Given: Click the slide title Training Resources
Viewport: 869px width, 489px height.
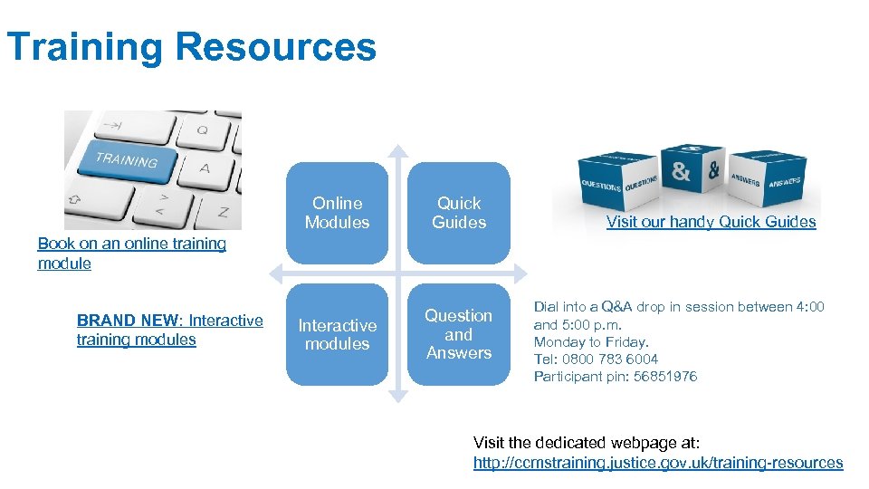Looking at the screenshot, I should [x=190, y=47].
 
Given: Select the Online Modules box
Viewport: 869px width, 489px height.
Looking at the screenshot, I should [x=337, y=213].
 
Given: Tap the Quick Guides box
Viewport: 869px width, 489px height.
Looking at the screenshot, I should [x=459, y=213].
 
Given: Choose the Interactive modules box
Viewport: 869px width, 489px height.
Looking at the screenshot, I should [x=337, y=334].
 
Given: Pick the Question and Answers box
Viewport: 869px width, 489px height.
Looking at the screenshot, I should [x=459, y=334].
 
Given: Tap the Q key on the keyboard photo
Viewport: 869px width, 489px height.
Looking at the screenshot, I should [x=201, y=129].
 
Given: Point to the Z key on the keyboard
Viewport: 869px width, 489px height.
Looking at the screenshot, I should [x=222, y=211].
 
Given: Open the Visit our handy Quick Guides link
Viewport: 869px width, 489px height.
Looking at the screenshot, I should [x=711, y=222].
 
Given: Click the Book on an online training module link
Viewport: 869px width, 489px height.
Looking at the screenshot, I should [x=131, y=253].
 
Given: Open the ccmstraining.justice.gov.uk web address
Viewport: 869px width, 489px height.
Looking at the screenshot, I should [x=658, y=463].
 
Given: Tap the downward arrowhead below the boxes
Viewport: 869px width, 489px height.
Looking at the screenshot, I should [x=397, y=395].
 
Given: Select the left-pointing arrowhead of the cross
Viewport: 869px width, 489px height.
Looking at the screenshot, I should [x=274, y=273].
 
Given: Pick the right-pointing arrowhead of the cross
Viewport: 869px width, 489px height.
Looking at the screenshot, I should [x=520, y=273].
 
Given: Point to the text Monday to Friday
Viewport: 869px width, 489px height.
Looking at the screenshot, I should [x=591, y=342].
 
